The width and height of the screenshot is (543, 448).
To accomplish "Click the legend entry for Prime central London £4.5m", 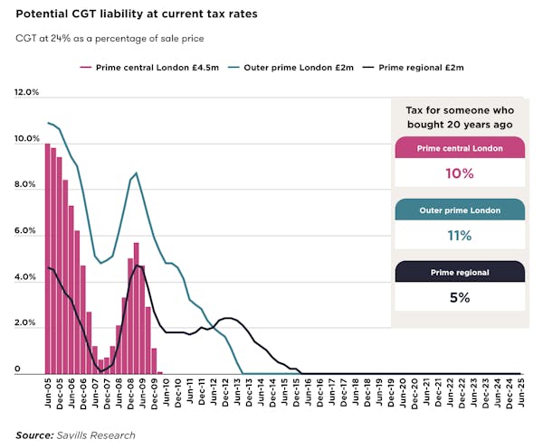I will (x=144, y=67).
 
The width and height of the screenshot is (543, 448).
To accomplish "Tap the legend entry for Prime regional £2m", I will (x=420, y=67).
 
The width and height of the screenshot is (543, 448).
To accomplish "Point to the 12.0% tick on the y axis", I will (x=27, y=92).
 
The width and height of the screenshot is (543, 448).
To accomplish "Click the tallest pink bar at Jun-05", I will (x=48, y=257).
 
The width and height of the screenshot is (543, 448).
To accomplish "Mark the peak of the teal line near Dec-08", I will (x=136, y=173).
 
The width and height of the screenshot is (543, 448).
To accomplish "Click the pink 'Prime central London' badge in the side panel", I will (x=459, y=148).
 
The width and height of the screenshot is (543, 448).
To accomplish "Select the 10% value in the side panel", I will (x=459, y=173).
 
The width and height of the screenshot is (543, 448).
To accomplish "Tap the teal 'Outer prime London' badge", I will (x=459, y=210).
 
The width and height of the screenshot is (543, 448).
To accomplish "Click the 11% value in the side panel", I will (x=459, y=235).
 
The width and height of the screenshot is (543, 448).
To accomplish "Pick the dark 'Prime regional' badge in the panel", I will (x=459, y=272).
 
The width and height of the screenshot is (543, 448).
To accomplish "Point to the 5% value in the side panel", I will (x=459, y=296).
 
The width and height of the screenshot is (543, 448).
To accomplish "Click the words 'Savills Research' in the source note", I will (x=95, y=435).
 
